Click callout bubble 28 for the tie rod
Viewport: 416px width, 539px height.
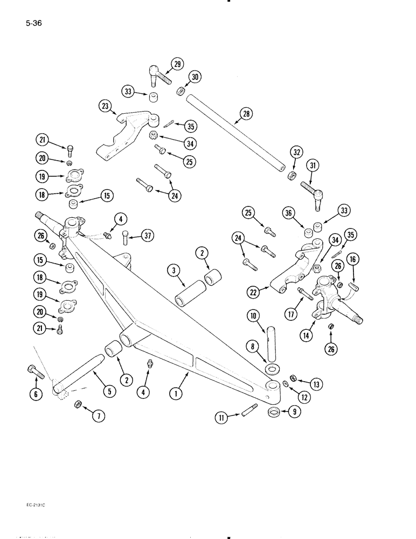tap(246, 114)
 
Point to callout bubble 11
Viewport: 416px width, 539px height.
tap(221, 417)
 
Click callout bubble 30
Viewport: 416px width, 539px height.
tap(195, 77)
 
